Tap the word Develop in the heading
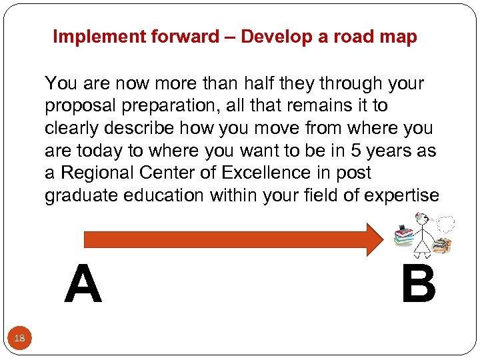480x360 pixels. [x=273, y=37]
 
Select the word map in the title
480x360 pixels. [x=400, y=37]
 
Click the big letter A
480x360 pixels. [x=83, y=283]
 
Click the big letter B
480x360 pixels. [x=418, y=283]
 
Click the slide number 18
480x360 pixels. [x=20, y=339]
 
